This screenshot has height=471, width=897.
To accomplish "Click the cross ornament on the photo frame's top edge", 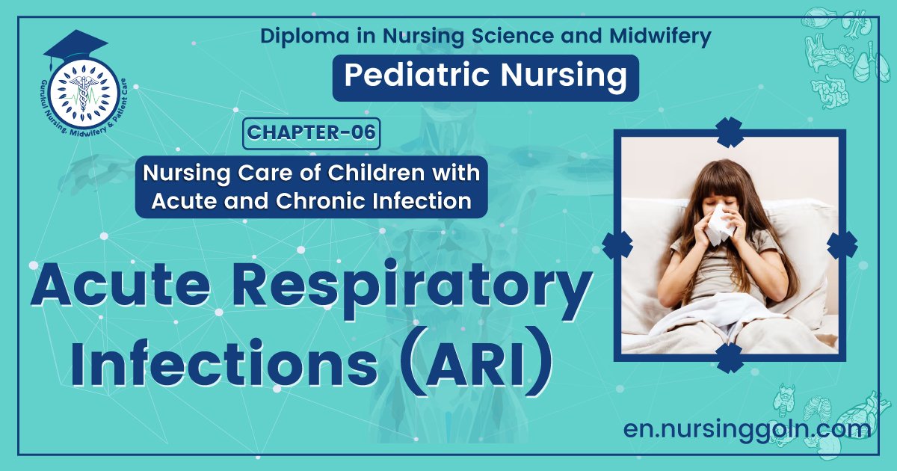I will [729, 132].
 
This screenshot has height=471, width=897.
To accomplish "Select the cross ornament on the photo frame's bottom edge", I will [729, 357].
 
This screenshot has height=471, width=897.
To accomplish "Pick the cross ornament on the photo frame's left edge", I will [617, 244].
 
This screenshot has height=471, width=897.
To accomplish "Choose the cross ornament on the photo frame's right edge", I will [842, 244].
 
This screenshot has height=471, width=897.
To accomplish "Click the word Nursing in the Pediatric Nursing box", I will [567, 77].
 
